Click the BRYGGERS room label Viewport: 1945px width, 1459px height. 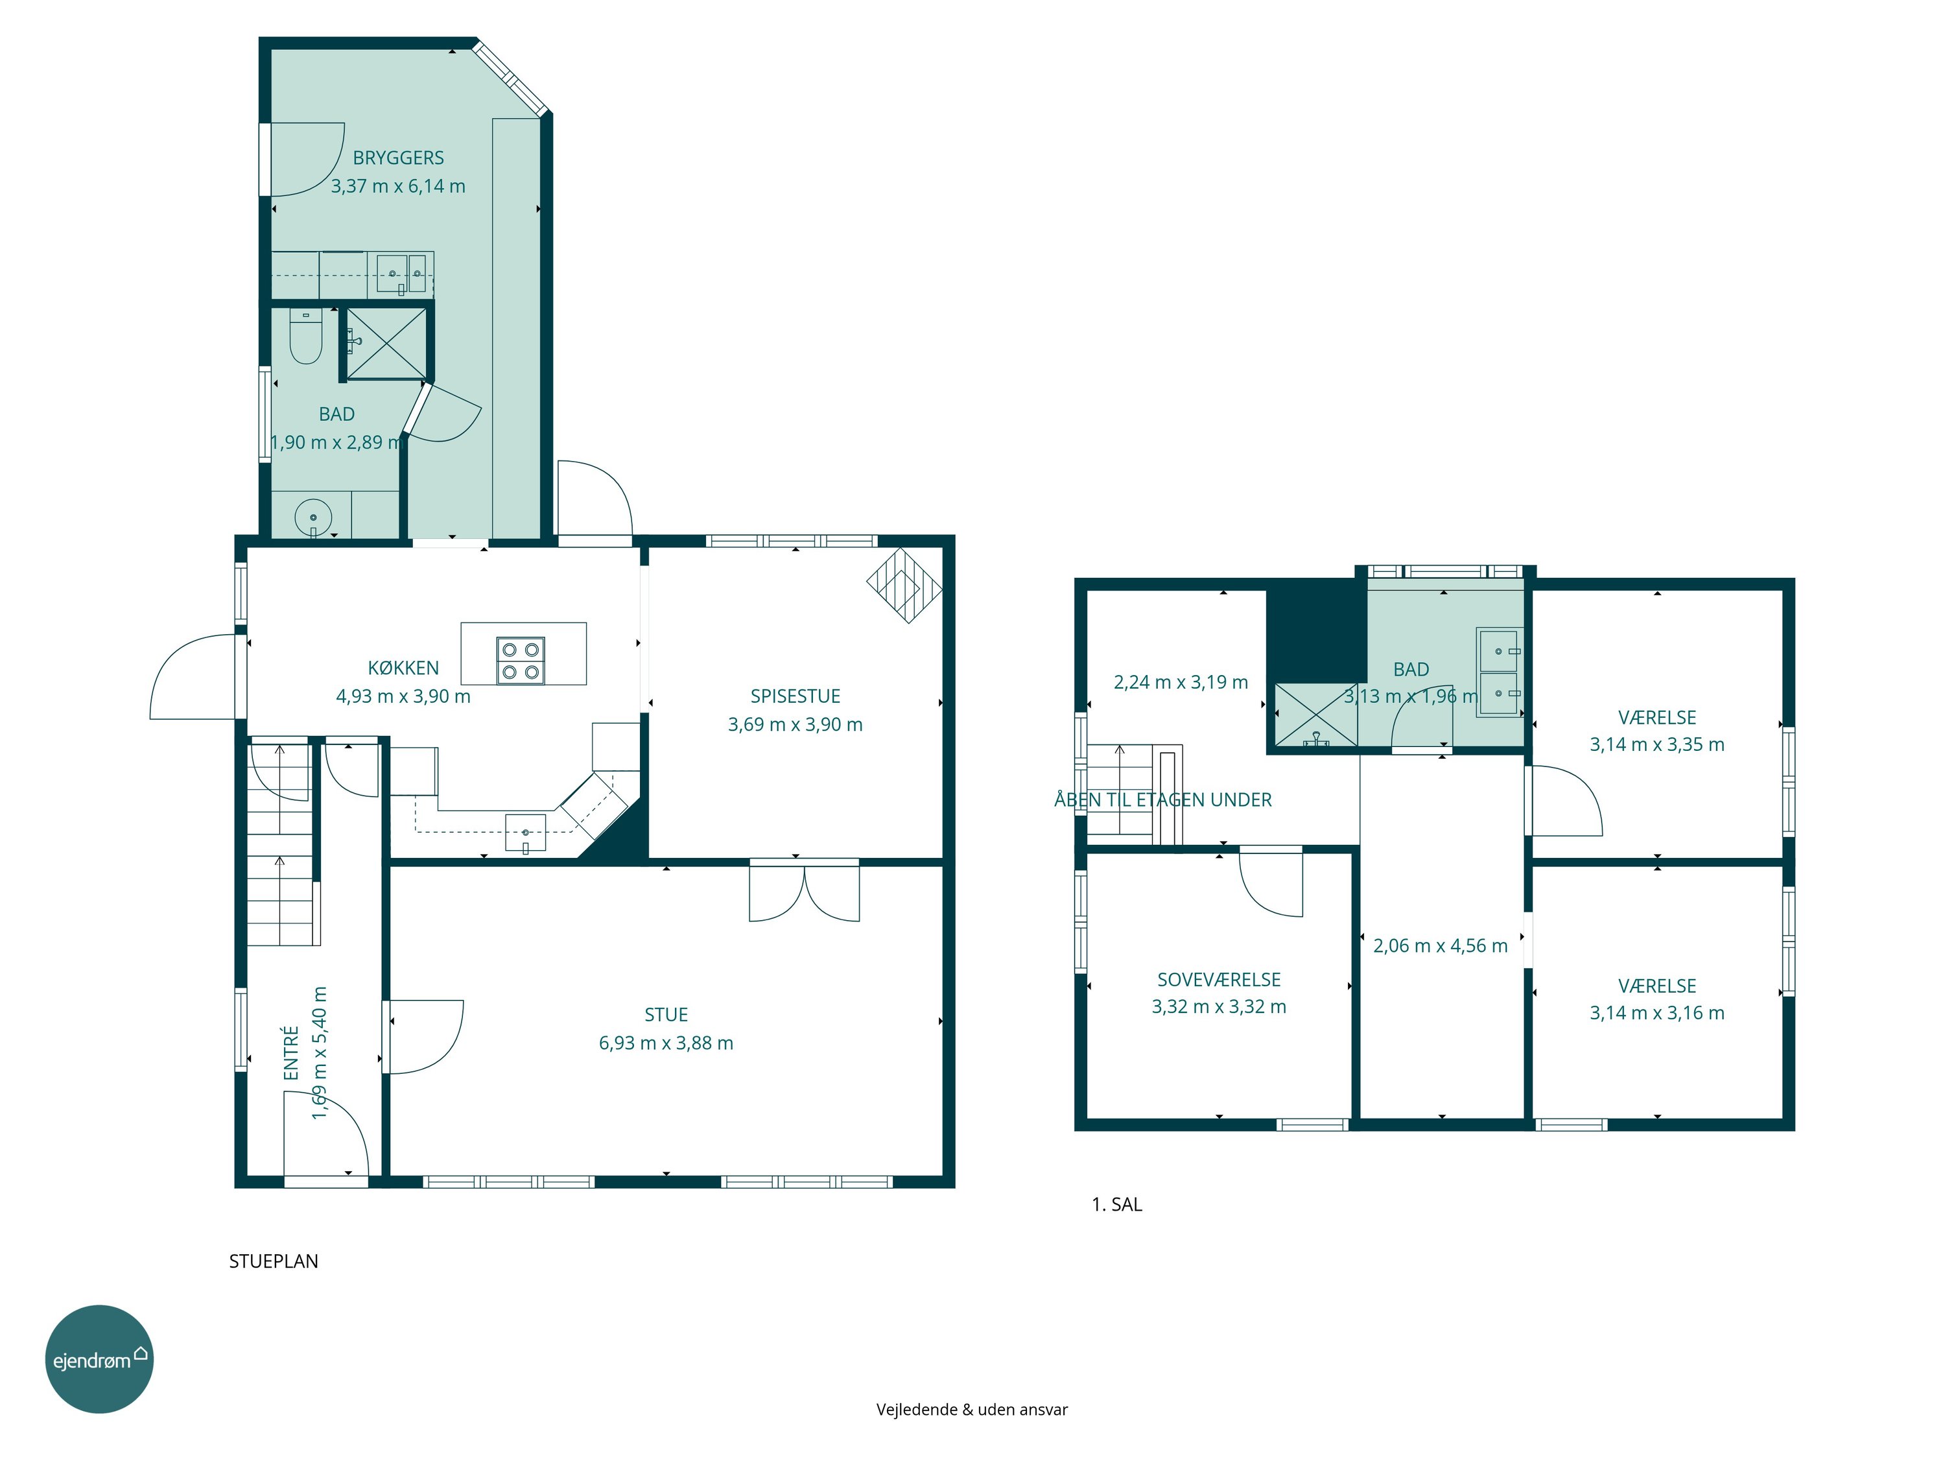[x=398, y=158]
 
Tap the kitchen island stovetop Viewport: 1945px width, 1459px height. [x=521, y=661]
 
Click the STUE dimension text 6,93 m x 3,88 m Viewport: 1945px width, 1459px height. [x=666, y=1043]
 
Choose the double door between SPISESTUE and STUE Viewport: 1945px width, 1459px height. [x=804, y=890]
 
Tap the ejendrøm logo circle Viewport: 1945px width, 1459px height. [x=99, y=1360]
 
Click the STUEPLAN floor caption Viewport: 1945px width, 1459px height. [x=274, y=1261]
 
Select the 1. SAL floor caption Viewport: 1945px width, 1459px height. [x=1116, y=1205]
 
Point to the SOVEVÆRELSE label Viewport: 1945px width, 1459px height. [x=1219, y=980]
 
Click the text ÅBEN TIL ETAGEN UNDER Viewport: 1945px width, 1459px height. [x=1162, y=800]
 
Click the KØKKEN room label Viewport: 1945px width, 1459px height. [x=403, y=669]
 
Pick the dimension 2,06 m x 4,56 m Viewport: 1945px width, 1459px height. [x=1441, y=946]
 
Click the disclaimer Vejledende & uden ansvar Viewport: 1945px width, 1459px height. [x=972, y=1410]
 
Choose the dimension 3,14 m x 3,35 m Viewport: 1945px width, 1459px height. [x=1656, y=745]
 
